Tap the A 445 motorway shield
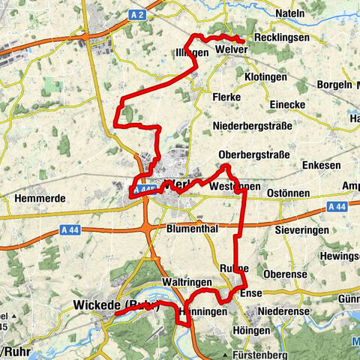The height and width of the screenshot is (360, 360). [144, 191]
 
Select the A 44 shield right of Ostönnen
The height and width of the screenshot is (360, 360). [337, 206]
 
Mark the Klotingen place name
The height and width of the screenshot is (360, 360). [265, 77]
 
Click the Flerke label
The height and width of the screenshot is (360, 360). [226, 97]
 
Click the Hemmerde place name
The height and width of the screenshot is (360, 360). [37, 199]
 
